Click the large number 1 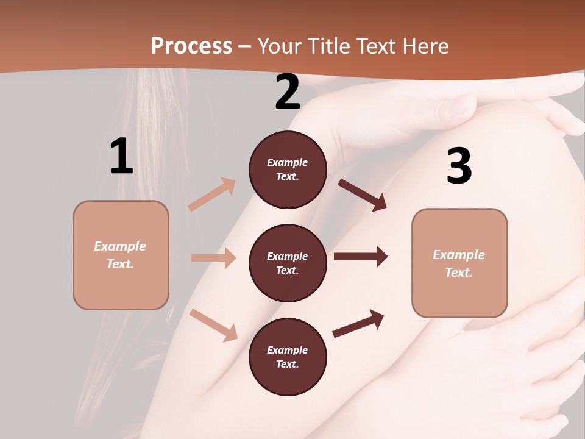pyautogui.click(x=122, y=157)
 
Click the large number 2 pyautogui.click(x=288, y=92)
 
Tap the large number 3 pyautogui.click(x=459, y=166)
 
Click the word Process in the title pyautogui.click(x=191, y=46)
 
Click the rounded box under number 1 pyautogui.click(x=121, y=255)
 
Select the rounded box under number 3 pyautogui.click(x=459, y=263)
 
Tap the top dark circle pyautogui.click(x=288, y=170)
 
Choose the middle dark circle pyautogui.click(x=288, y=263)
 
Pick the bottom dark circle pyautogui.click(x=288, y=357)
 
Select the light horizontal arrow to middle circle pyautogui.click(x=213, y=258)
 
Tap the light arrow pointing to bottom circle pyautogui.click(x=213, y=325)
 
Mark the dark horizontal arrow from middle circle pyautogui.click(x=360, y=256)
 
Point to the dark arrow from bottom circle pyautogui.click(x=358, y=323)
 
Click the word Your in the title pyautogui.click(x=280, y=46)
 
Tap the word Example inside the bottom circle pyautogui.click(x=288, y=350)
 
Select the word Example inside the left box pyautogui.click(x=120, y=246)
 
